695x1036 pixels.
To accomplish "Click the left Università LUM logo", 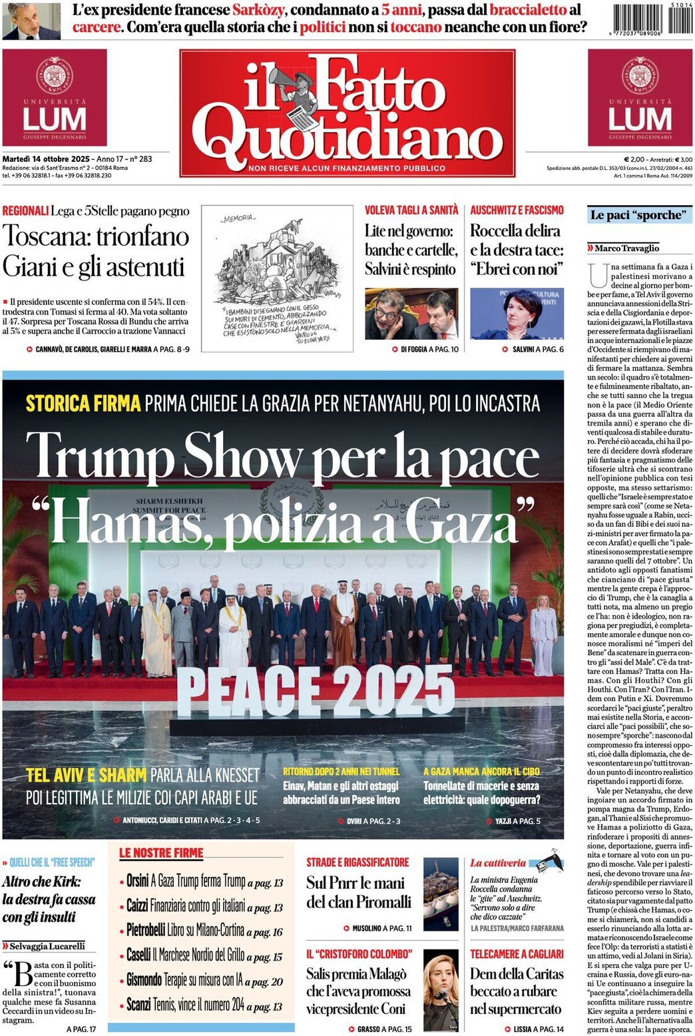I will [55, 97].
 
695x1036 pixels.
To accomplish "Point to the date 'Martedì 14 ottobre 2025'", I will [46, 159].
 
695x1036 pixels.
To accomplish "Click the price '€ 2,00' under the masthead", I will [634, 159].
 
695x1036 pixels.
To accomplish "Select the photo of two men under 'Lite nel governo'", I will [411, 314].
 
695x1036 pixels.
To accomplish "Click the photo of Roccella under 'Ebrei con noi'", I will [517, 314].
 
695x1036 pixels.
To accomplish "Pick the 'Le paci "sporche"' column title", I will [636, 215].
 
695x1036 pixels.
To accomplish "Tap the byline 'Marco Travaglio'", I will [626, 248].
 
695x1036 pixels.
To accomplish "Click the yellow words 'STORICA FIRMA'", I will [83, 403].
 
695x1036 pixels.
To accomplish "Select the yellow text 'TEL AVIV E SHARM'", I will [87, 775].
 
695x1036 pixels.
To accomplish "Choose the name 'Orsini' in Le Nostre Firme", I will [138, 881].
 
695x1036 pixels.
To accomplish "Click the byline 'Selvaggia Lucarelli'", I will [47, 945].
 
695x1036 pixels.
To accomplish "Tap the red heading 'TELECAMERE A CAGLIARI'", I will [517, 953].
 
